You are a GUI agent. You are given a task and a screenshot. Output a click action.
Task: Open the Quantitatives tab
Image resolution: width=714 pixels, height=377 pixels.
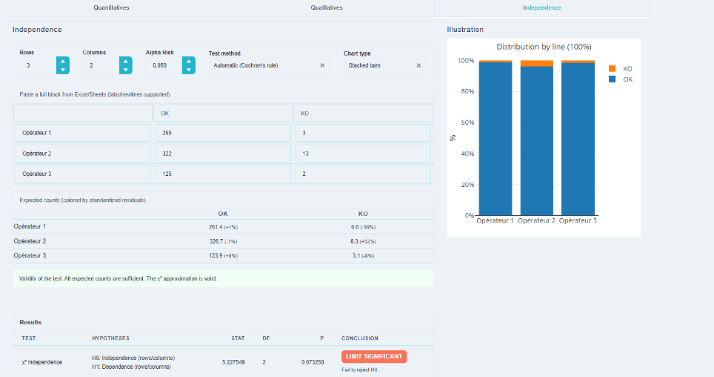click(111, 7)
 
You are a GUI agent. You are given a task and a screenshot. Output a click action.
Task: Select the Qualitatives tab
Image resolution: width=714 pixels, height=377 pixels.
click(327, 7)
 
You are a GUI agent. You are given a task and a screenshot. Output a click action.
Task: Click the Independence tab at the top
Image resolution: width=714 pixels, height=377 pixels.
click(542, 7)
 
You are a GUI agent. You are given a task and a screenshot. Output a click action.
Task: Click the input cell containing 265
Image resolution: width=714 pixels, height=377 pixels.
click(223, 133)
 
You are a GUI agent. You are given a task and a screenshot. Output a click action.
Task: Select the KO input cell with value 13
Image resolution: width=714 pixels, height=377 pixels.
click(363, 154)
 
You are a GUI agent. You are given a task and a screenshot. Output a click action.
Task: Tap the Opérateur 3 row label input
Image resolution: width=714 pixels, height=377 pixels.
click(82, 174)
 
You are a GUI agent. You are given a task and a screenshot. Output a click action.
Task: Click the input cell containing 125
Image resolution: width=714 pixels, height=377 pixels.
click(223, 174)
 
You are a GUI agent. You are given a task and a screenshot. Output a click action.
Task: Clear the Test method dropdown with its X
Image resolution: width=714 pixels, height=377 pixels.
click(322, 65)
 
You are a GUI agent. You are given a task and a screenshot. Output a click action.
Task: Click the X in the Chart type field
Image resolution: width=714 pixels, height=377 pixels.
click(418, 65)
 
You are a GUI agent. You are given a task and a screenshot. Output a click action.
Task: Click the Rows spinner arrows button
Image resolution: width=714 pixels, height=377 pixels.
click(63, 65)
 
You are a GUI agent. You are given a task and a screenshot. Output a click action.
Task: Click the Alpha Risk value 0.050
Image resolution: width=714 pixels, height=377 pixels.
click(160, 66)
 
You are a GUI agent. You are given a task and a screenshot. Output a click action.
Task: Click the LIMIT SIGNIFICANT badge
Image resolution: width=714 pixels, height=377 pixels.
click(374, 356)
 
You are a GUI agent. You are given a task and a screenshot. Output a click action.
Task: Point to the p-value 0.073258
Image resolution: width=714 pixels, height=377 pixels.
click(313, 362)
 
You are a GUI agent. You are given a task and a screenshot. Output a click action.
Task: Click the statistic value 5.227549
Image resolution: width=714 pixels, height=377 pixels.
click(233, 362)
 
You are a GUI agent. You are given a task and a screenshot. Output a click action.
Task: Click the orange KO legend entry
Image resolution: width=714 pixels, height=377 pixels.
click(620, 69)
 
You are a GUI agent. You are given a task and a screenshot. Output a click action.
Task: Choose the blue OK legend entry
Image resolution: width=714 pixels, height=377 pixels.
click(620, 79)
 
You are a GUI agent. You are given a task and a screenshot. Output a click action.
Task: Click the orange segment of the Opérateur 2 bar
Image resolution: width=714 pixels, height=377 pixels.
click(537, 63)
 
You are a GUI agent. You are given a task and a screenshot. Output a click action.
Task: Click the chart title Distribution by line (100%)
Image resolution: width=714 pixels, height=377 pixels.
click(544, 47)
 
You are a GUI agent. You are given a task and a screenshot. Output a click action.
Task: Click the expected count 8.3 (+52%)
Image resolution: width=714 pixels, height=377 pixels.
click(363, 241)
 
